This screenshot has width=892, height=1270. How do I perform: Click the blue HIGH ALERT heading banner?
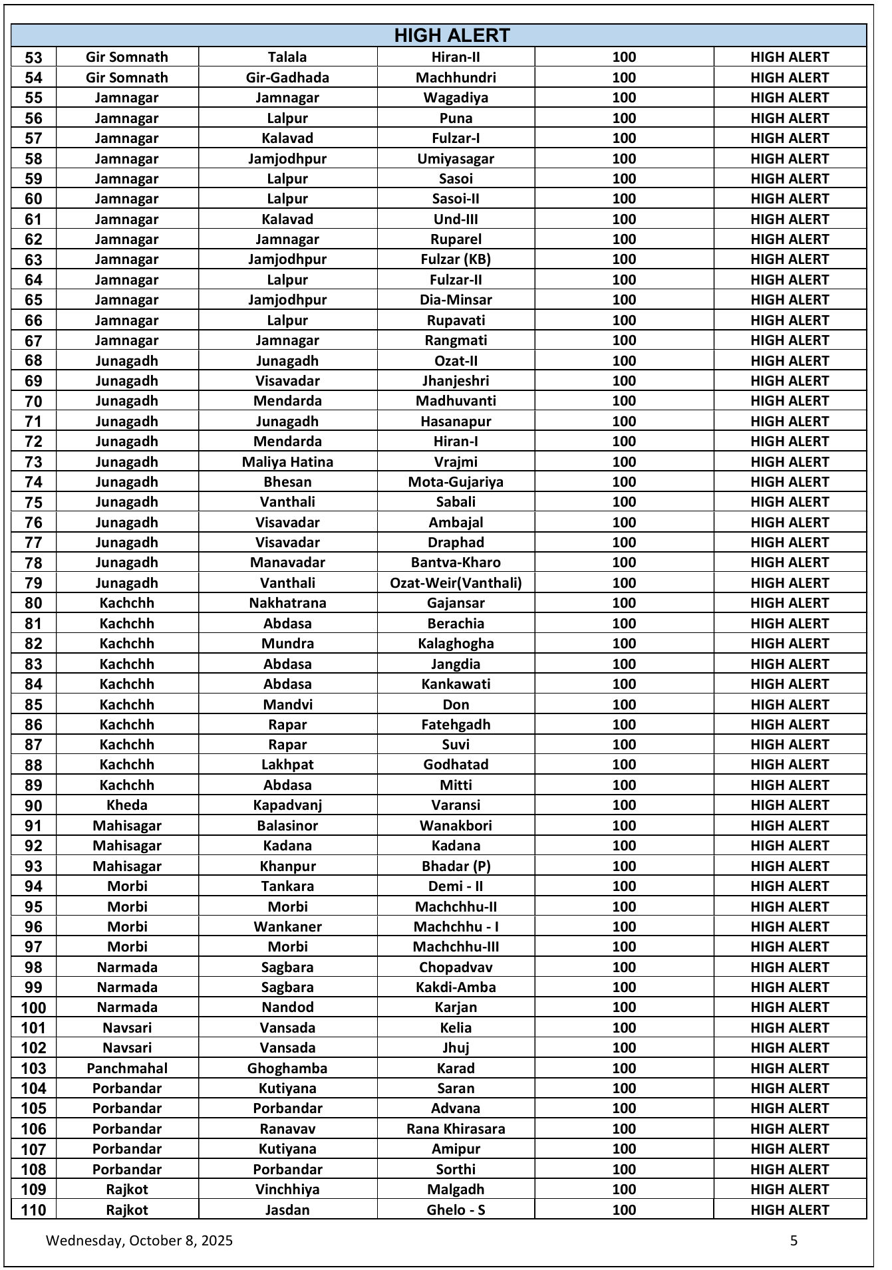(452, 35)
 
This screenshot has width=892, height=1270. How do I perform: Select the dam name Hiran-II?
(456, 57)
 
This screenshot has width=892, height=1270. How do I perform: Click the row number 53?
(33, 58)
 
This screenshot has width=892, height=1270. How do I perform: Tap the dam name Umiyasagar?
(456, 158)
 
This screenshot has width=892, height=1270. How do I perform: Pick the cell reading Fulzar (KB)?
(456, 259)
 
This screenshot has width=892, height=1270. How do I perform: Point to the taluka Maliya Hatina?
(287, 461)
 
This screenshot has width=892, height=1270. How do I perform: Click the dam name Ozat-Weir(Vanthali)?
(456, 583)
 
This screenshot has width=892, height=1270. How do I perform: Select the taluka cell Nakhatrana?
(287, 603)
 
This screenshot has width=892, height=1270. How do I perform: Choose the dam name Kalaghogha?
(456, 644)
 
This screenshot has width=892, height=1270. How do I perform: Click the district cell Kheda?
(126, 805)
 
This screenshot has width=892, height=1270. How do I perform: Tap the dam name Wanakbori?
(456, 825)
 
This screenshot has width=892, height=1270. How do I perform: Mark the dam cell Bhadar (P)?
(456, 866)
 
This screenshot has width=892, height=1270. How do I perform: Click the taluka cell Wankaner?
(287, 926)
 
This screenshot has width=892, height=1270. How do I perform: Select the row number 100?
(33, 1007)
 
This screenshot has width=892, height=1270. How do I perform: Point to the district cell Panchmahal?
(126, 1068)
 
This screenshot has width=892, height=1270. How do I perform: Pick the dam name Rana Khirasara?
(456, 1128)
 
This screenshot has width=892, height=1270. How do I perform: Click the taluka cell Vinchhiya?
(287, 1189)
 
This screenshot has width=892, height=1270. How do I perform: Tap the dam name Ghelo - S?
(456, 1209)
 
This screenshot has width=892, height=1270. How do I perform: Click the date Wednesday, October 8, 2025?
(139, 1240)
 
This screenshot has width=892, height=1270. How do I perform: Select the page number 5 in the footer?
(794, 1240)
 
